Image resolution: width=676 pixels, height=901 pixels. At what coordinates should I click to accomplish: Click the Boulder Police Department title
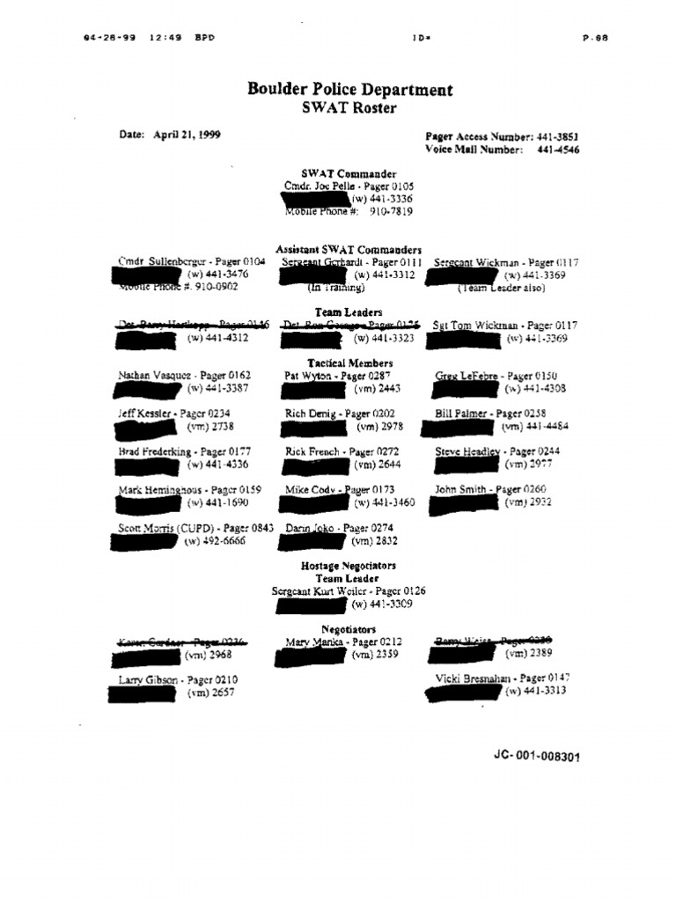click(x=349, y=90)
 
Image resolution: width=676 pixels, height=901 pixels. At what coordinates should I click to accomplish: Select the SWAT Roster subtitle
click(x=349, y=108)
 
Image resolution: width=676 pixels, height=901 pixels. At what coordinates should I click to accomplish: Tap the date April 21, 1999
click(x=170, y=135)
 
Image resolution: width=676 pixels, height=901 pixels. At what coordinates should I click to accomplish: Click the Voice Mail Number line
click(x=502, y=150)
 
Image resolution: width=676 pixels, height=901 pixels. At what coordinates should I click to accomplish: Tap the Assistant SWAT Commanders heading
click(x=349, y=250)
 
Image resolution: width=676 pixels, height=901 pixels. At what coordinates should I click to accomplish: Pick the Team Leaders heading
click(x=349, y=312)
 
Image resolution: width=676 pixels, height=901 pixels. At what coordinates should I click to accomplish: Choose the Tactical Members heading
click(x=349, y=363)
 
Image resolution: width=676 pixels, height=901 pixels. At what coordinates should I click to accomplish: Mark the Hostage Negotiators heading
click(x=349, y=567)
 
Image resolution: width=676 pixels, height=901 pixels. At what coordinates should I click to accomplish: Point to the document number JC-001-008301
click(x=537, y=757)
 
